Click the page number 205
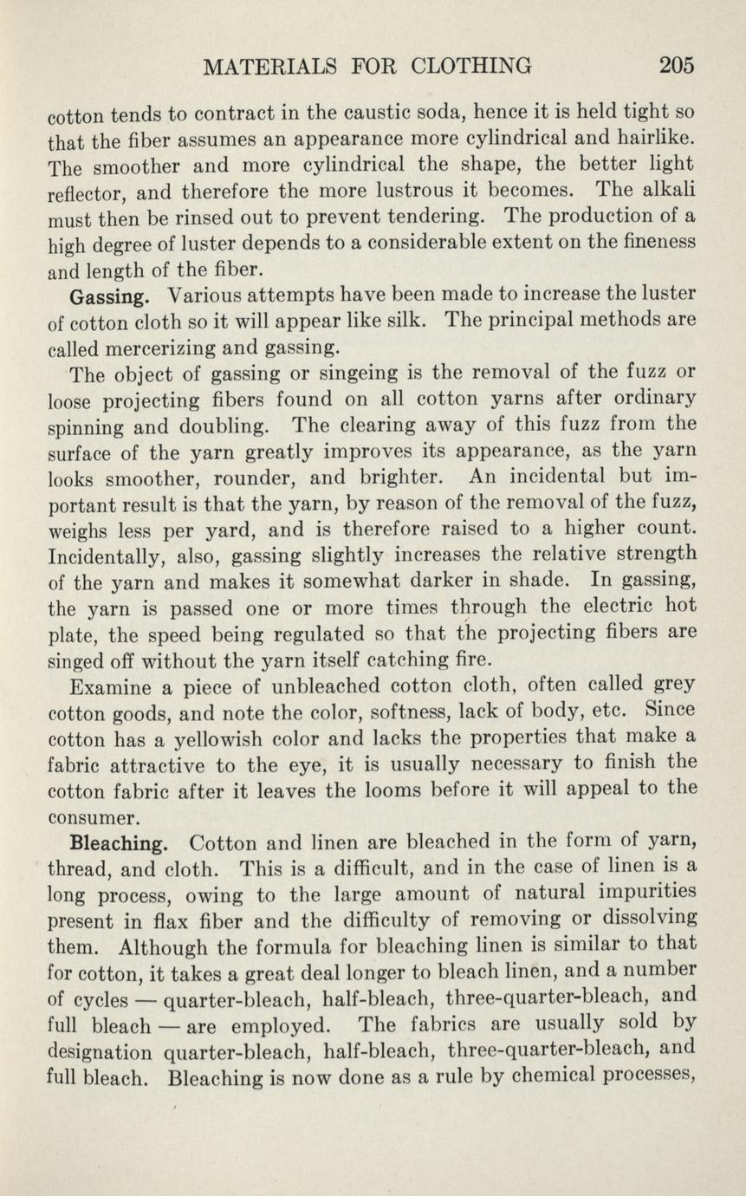coord(676,65)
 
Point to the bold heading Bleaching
coord(117,842)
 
